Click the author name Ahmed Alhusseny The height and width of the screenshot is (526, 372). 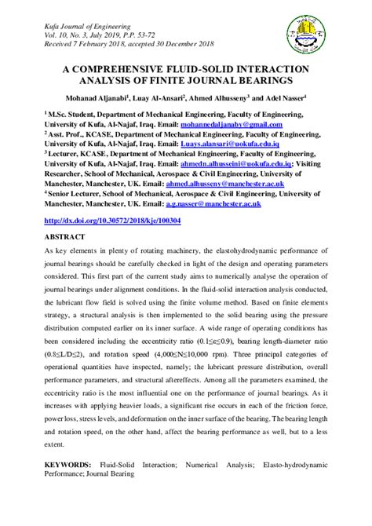(x=237, y=100)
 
